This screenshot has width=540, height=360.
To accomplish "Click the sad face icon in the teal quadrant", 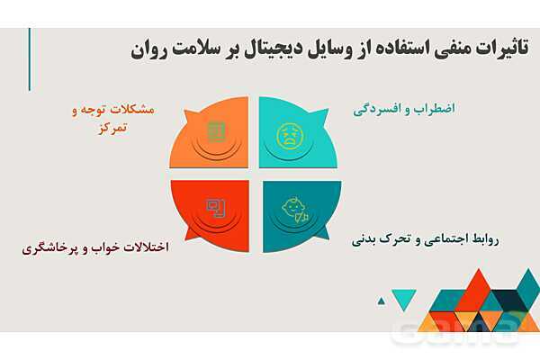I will [289, 135].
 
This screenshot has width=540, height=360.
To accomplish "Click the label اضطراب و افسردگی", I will [404, 108].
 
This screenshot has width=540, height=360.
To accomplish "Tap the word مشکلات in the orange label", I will [131, 109].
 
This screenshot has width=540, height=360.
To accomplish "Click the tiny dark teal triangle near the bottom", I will [381, 301].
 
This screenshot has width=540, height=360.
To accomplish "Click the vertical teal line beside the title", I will [29, 58].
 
